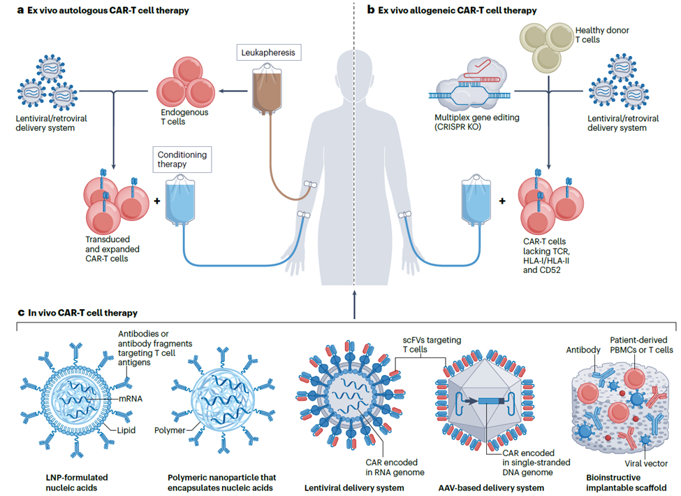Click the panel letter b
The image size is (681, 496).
click(x=371, y=10)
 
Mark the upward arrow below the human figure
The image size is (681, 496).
click(x=355, y=300)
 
